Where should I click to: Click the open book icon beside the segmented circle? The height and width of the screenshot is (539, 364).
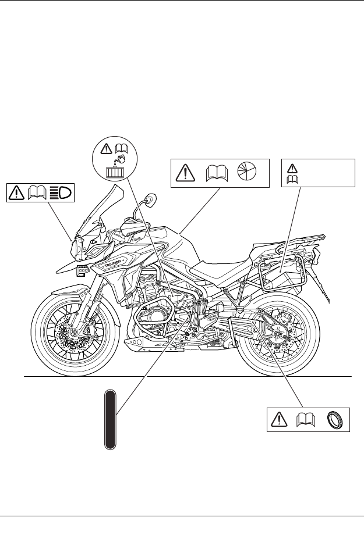(x=217, y=173)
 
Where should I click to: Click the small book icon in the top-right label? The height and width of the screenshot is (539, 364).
(x=289, y=179)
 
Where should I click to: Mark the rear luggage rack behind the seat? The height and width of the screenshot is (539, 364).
(x=303, y=237)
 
